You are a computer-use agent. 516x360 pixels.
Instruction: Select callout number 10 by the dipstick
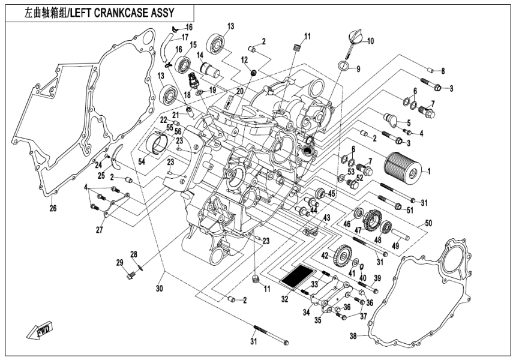[370, 41]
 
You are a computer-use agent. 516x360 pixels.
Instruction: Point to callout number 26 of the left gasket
[53, 209]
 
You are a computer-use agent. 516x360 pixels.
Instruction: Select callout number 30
[160, 289]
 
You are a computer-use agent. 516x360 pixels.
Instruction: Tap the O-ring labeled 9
[344, 66]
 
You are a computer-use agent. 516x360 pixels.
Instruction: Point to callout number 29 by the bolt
[119, 263]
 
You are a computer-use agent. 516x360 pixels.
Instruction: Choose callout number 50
[428, 223]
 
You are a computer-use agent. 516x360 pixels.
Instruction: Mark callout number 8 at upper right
[442, 71]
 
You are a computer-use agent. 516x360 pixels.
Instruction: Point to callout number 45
[331, 193]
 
